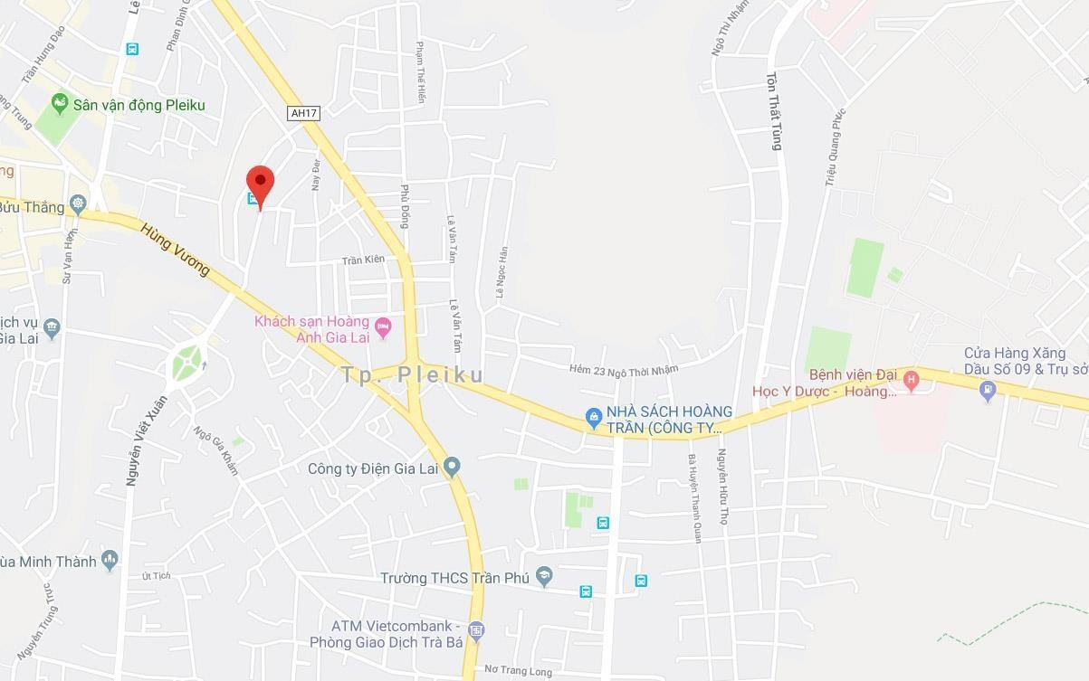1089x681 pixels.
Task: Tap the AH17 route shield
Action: point(303,113)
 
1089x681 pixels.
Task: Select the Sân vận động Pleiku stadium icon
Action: point(60,104)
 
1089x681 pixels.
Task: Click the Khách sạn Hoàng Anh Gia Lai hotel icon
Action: point(383,326)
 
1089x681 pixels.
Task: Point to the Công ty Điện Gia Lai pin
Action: point(452,467)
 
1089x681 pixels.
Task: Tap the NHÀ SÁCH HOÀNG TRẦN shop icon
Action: point(593,416)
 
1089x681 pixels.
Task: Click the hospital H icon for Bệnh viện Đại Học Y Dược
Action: point(911,381)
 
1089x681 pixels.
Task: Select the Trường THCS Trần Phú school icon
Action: point(544,576)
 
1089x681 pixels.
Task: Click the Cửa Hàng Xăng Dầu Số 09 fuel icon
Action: point(988,391)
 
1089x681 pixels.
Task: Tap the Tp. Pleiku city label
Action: point(413,374)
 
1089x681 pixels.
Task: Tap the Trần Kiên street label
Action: point(363,260)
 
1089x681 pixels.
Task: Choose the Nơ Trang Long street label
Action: point(518,670)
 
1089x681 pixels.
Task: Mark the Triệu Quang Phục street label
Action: point(834,149)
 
